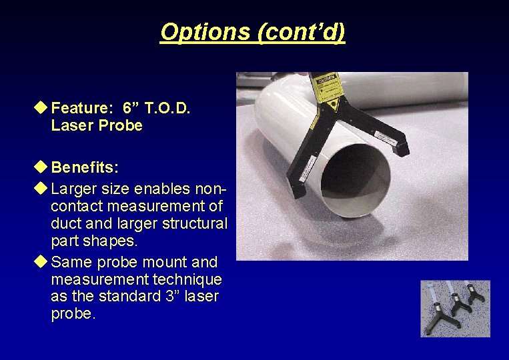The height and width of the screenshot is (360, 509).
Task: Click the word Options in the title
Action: (x=205, y=32)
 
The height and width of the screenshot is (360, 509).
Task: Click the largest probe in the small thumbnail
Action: (x=440, y=311)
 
